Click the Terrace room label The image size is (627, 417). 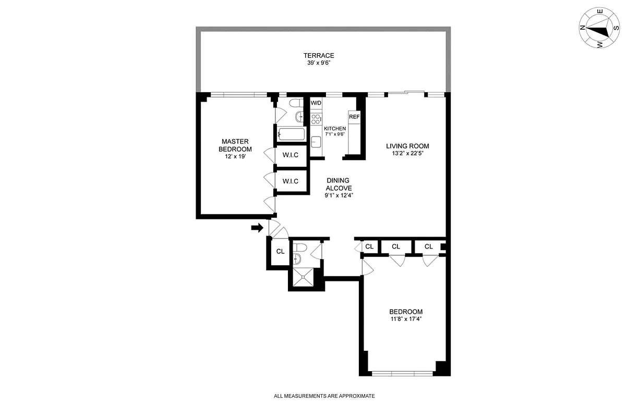[x=319, y=56]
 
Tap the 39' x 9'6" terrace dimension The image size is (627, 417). [x=319, y=64]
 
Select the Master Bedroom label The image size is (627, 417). [x=234, y=145]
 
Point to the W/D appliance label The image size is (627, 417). [x=316, y=103]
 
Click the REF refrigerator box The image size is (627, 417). [x=354, y=117]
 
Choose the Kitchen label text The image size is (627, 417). [x=335, y=129]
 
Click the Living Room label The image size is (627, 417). [x=407, y=146]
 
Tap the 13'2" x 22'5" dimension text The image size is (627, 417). [x=407, y=154]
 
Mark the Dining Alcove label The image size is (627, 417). [x=339, y=185]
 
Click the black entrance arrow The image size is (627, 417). [x=257, y=228]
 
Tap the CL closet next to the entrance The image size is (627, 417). [x=280, y=251]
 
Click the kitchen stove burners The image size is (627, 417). [x=316, y=118]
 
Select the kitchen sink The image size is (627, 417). [x=316, y=141]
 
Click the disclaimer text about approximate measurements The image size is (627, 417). [x=324, y=396]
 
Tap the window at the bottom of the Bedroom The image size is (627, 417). [x=402, y=373]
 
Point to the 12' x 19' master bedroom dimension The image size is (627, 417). [x=234, y=156]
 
